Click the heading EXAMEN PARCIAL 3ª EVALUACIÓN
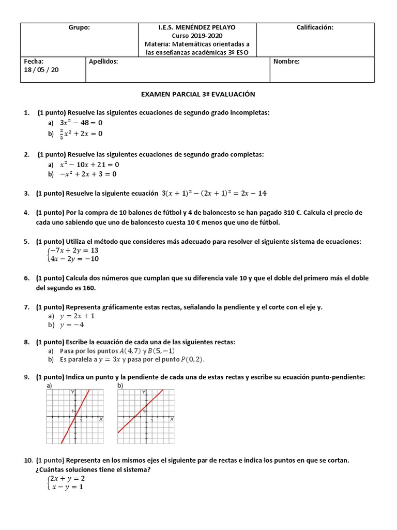click(198, 94)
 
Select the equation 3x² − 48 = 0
click(81, 123)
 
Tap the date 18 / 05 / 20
click(42, 70)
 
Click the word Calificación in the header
click(314, 27)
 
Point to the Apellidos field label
click(103, 62)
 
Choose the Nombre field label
click(286, 62)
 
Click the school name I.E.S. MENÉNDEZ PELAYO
click(198, 27)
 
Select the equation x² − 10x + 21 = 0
click(89, 165)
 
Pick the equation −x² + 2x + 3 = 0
click(88, 174)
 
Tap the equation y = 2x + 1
click(77, 316)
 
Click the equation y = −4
click(72, 325)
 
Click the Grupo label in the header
click(79, 27)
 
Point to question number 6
click(26, 278)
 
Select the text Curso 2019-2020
click(198, 36)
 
